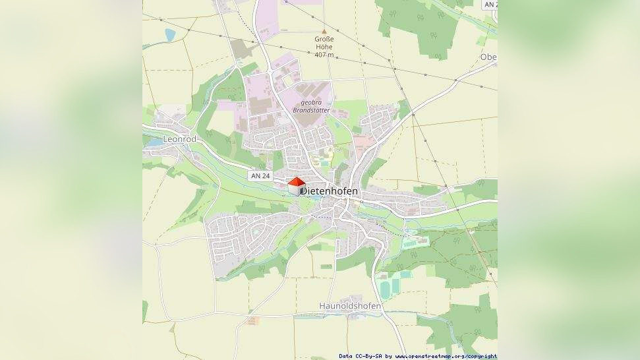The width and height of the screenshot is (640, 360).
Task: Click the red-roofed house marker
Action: pos(296,186)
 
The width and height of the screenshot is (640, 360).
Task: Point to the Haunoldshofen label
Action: pos(350,306)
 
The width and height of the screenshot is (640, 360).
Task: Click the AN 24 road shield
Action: pos(261,176)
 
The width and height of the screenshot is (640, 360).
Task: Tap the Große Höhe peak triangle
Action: pos(324,31)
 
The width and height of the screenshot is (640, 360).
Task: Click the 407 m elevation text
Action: pos(324,54)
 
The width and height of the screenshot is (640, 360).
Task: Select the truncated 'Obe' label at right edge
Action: pos(488,57)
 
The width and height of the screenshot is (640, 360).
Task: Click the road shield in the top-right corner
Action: pos(490,4)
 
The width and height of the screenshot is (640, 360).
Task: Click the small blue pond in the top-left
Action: pos(170,35)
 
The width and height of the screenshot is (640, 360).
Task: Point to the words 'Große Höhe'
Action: pos(324,43)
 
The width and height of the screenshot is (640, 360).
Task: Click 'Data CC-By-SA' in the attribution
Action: pos(361,356)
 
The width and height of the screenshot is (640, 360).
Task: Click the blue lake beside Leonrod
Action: pos(153,142)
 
